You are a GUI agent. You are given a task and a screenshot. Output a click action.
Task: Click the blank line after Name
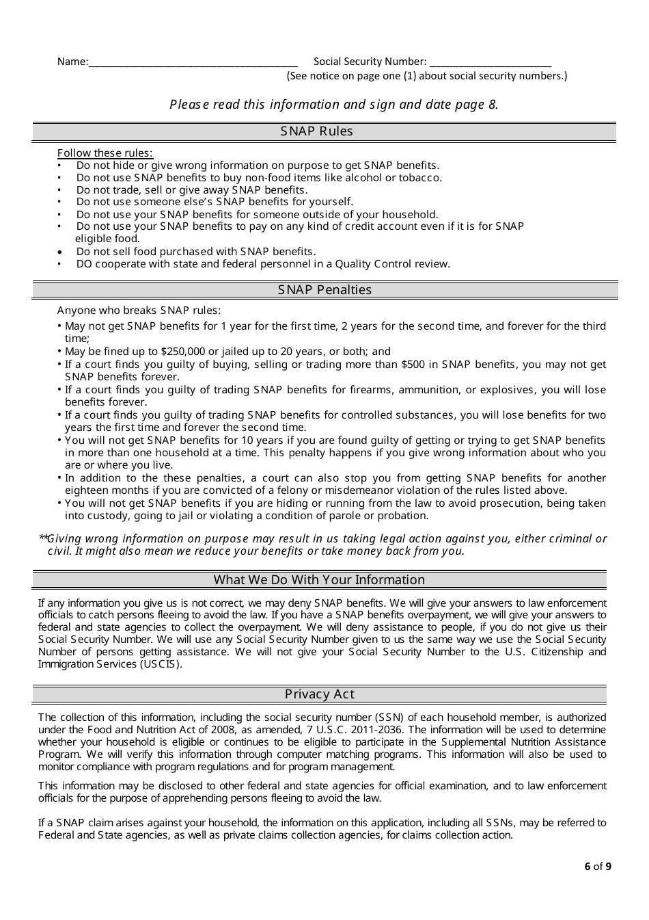click(x=193, y=62)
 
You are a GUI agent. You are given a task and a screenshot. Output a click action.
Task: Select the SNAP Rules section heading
click(x=316, y=131)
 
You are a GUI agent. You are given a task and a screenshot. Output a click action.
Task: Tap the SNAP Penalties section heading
click(x=324, y=290)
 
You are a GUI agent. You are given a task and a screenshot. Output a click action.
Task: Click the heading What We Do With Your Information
click(x=319, y=580)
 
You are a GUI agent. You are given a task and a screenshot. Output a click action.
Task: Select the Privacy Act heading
click(x=319, y=694)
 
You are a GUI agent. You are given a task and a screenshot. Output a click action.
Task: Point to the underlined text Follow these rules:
click(x=105, y=153)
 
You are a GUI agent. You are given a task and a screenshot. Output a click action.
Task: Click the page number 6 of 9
click(x=598, y=867)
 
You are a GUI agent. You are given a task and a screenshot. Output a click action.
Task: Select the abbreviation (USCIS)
click(x=161, y=664)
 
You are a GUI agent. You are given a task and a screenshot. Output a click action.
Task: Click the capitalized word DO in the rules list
click(x=84, y=264)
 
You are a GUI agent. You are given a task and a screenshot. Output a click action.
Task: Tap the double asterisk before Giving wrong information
click(x=43, y=538)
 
